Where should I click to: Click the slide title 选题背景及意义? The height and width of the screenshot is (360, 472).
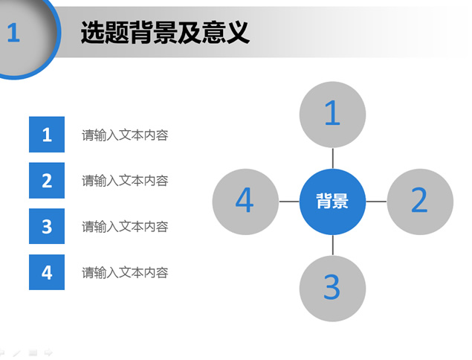pyautogui.click(x=165, y=33)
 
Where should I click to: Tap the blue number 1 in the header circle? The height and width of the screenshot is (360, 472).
pyautogui.click(x=13, y=33)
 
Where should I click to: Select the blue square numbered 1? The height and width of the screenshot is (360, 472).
pyautogui.click(x=47, y=135)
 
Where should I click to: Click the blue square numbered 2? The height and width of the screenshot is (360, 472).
pyautogui.click(x=47, y=181)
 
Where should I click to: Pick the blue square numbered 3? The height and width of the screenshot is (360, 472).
pyautogui.click(x=47, y=226)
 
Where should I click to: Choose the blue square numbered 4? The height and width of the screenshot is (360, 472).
pyautogui.click(x=47, y=272)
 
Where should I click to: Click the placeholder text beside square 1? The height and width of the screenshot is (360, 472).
pyautogui.click(x=125, y=135)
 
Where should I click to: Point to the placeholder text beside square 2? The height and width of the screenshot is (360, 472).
pyautogui.click(x=125, y=181)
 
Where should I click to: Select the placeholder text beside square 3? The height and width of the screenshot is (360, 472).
pyautogui.click(x=125, y=227)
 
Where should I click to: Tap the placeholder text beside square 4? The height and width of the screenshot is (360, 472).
pyautogui.click(x=125, y=273)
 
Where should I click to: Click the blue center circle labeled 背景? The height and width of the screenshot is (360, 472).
pyautogui.click(x=332, y=202)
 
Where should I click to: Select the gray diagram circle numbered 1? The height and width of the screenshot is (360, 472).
pyautogui.click(x=332, y=115)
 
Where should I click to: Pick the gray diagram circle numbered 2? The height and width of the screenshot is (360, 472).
pyautogui.click(x=420, y=202)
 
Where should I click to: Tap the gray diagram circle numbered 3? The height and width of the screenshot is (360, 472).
pyautogui.click(x=332, y=289)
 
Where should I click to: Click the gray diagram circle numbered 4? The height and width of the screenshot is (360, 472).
pyautogui.click(x=245, y=202)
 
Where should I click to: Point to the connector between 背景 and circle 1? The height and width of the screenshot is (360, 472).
pyautogui.click(x=332, y=158)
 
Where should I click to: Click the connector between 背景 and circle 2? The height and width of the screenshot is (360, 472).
pyautogui.click(x=376, y=202)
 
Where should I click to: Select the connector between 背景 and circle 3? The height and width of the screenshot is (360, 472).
pyautogui.click(x=332, y=245)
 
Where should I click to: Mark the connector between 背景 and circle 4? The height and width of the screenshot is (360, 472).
pyautogui.click(x=289, y=202)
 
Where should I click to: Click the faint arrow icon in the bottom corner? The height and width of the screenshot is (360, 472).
pyautogui.click(x=48, y=352)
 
